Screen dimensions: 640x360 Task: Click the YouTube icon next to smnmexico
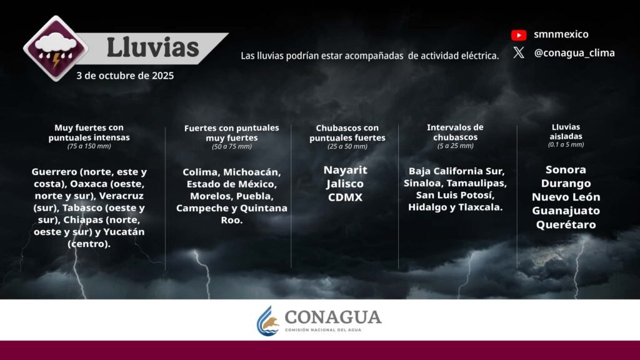pos(519,35)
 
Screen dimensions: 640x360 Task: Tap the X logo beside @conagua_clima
pos(519,52)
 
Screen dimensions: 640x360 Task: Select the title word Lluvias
pos(152,47)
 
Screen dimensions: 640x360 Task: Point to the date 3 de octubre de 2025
pos(125,76)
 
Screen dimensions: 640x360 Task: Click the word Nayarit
pos(345,170)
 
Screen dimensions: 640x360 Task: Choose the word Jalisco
pos(345,184)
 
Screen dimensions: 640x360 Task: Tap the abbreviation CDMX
pos(345,197)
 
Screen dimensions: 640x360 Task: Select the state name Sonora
pos(566,170)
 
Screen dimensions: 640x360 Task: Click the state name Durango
pos(566,184)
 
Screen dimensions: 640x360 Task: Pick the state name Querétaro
pos(566,224)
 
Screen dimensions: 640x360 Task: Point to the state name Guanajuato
pos(566,211)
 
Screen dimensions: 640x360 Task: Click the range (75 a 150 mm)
pos(89,146)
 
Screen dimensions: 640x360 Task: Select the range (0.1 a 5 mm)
pos(566,144)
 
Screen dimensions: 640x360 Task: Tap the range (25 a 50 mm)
pos(347,146)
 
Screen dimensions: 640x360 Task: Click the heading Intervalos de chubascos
pos(455,132)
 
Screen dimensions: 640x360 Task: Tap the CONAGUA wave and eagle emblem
pos(267,321)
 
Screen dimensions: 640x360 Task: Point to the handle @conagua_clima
pos(574,53)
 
